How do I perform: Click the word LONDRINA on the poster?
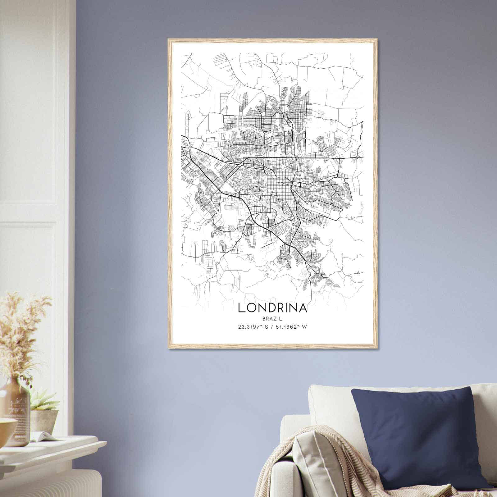(272, 308)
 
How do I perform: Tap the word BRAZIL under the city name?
(272, 318)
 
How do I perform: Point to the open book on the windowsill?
(43, 436)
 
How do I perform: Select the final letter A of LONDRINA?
(303, 308)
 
